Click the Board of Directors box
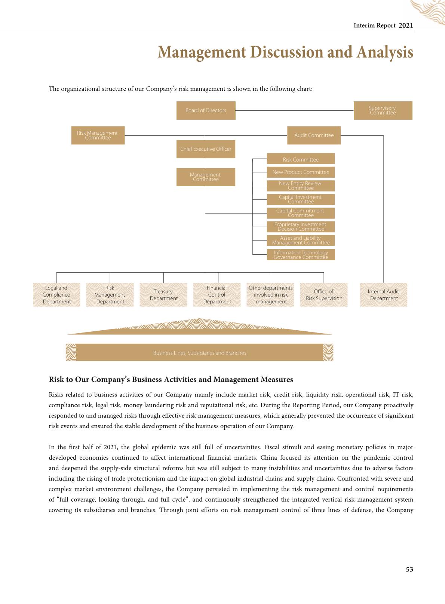pyautogui.click(x=206, y=110)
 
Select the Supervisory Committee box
pyautogui.click(x=383, y=110)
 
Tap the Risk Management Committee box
pyautogui.click(x=98, y=135)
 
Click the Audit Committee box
pyautogui.click(x=314, y=135)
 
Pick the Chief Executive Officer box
pyautogui.click(x=206, y=149)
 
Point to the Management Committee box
pyautogui.click(x=206, y=177)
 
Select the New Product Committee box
pyautogui.click(x=301, y=172)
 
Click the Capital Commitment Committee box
pyautogui.click(x=301, y=213)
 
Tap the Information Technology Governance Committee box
pyautogui.click(x=301, y=255)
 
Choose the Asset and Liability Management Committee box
pyautogui.click(x=301, y=240)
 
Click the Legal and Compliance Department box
pyautogui.click(x=56, y=295)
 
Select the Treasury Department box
pyautogui.click(x=163, y=295)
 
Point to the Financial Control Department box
pyautogui.click(x=217, y=295)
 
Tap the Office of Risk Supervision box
pyautogui.click(x=324, y=295)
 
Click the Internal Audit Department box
pyautogui.click(x=383, y=295)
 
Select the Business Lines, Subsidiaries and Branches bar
pyautogui.click(x=199, y=353)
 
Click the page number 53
pyautogui.click(x=409, y=569)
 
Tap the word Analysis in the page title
pyautogui.click(x=385, y=52)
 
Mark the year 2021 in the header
pyautogui.click(x=406, y=25)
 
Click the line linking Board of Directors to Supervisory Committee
pyautogui.click(x=294, y=110)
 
